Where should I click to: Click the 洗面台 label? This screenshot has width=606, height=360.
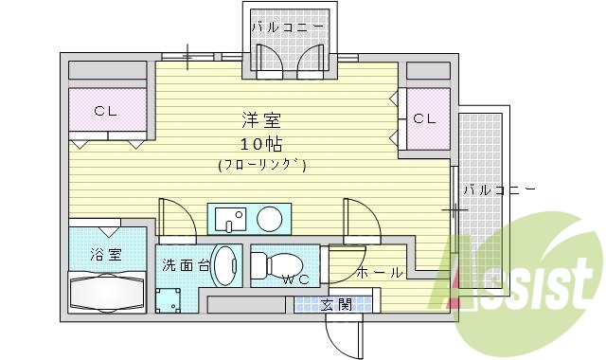click(x=184, y=265)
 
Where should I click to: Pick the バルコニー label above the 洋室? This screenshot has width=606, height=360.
click(x=290, y=27)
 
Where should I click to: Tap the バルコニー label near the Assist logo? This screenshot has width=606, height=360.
click(x=500, y=190)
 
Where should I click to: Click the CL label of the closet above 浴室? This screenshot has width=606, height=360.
click(x=105, y=111)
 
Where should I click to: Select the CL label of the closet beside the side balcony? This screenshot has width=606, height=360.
click(x=424, y=118)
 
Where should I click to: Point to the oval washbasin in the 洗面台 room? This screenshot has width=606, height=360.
click(x=225, y=266)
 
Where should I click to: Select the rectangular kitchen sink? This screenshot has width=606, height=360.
click(x=229, y=219)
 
